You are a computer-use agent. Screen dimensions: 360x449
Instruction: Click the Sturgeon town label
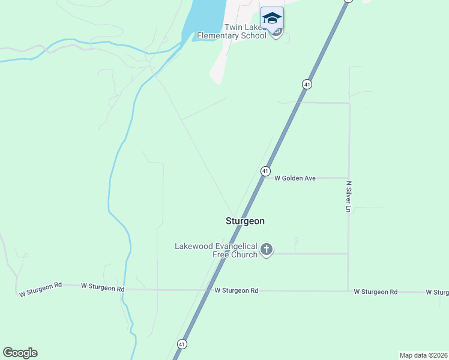point(245,221)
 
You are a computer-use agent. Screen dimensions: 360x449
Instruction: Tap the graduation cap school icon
point(272,18)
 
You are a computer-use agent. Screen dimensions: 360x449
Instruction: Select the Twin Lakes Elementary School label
point(245,31)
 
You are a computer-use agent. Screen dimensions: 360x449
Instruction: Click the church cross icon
point(267,249)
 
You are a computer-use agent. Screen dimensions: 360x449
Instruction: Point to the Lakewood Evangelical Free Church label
point(216,250)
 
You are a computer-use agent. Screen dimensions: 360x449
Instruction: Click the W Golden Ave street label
point(295,178)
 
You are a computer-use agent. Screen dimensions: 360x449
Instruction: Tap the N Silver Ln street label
point(348,196)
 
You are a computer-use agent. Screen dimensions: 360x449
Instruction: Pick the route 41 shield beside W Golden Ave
point(265,172)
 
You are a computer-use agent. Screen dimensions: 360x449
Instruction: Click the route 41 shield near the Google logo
point(181,344)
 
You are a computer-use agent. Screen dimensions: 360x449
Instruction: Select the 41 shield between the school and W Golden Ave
point(307,85)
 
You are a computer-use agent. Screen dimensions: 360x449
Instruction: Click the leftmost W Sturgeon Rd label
point(40,290)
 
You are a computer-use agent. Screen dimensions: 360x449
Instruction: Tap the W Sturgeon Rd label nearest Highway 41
point(237,290)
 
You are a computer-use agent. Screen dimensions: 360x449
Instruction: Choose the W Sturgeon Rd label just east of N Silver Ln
point(375,292)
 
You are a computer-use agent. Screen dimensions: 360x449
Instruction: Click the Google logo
point(20,353)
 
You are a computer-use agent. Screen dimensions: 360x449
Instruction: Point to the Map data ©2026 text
point(423,355)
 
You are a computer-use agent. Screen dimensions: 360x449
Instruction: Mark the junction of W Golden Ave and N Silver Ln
point(348,178)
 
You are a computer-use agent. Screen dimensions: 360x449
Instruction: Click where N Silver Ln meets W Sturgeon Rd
point(348,291)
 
